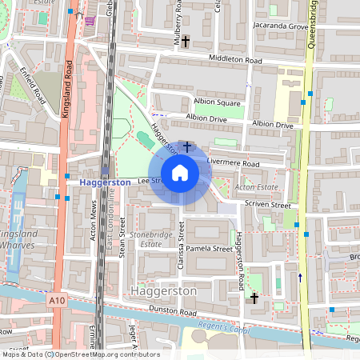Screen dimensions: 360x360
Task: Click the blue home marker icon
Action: [180, 172]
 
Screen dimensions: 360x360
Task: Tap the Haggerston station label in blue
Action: [104, 182]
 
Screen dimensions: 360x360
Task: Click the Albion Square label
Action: [218, 103]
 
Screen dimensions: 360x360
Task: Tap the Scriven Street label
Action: [267, 205]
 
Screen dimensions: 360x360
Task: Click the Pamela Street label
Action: [210, 249]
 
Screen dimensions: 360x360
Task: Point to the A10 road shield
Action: [56, 300]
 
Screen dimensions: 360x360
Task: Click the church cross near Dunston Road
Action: [254, 298]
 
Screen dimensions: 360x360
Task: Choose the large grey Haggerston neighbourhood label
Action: [162, 292]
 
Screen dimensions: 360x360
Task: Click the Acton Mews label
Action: [94, 226]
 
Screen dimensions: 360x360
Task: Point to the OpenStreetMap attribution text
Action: [80, 354]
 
